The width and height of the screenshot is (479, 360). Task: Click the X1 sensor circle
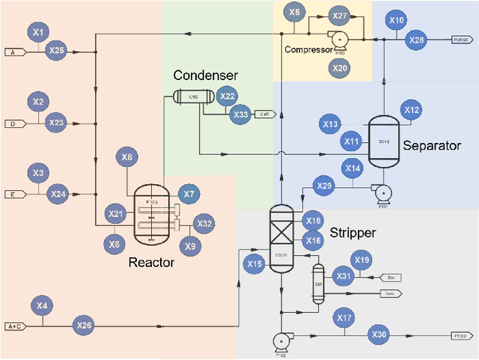point(39,31)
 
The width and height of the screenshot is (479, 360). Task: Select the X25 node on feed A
point(56,51)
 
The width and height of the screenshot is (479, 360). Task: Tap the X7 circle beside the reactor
point(189,195)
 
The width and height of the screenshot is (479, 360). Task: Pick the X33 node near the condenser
point(240,115)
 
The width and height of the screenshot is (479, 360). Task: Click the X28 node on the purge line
point(416,40)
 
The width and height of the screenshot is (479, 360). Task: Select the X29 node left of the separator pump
point(324,186)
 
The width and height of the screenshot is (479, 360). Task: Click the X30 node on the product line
point(379,335)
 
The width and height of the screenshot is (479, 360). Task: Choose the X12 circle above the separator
point(412,109)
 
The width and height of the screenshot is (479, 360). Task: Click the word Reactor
point(151,262)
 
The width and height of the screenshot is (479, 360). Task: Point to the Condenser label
point(206,76)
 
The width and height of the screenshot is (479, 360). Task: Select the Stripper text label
point(352,234)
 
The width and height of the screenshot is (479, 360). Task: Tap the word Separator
point(432,146)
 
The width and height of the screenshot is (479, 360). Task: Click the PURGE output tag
point(460,40)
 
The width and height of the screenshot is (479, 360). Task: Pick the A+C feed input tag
point(15,326)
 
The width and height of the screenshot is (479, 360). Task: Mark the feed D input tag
point(14,123)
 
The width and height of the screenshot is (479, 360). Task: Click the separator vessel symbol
point(384,138)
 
